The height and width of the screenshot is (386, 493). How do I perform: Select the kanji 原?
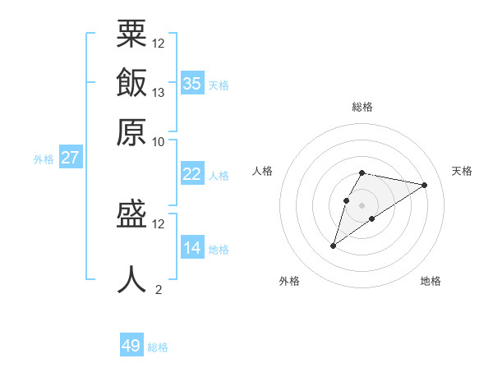point(131,131)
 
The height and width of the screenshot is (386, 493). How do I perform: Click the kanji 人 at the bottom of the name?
point(131,279)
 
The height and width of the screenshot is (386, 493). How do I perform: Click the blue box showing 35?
point(191,84)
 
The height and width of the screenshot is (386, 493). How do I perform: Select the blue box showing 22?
point(191,174)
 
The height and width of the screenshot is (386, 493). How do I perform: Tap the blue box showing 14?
point(191,248)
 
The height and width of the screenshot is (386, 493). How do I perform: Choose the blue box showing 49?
point(131,346)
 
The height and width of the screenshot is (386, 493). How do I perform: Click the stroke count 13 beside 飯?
point(159,92)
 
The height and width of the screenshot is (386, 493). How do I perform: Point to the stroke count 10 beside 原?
point(159,141)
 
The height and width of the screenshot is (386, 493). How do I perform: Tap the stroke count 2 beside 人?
point(159,289)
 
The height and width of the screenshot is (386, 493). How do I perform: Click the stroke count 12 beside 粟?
point(159,43)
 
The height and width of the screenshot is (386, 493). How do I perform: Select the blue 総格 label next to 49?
point(158,347)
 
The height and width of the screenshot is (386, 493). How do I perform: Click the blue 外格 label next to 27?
point(44,159)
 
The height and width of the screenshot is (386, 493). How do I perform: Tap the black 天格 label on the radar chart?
point(462,171)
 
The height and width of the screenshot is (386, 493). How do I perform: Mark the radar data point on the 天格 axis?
point(424,185)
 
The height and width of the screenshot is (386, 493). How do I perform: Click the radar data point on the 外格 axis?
point(334,245)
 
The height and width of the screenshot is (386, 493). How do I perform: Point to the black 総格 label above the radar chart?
point(362,107)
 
